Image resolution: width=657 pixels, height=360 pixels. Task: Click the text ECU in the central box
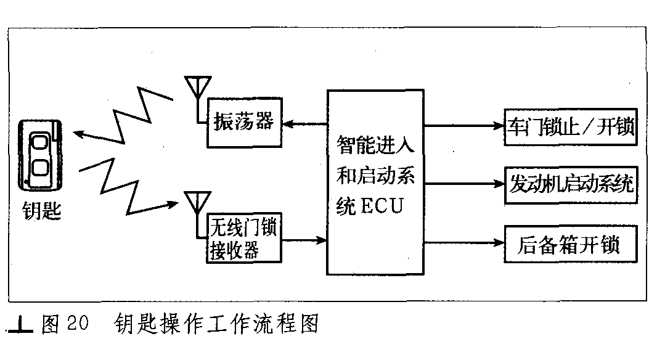[x=382, y=206]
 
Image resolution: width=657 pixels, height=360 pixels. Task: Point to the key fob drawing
[x=40, y=155]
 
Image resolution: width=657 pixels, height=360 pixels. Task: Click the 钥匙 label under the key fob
[x=41, y=210]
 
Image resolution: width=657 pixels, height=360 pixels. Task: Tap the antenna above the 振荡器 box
[x=198, y=99]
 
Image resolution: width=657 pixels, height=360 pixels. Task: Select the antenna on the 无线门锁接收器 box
[x=197, y=215]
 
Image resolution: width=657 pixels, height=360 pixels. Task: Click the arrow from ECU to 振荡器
[x=304, y=124]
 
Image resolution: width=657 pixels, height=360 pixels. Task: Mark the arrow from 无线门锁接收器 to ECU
[x=304, y=240]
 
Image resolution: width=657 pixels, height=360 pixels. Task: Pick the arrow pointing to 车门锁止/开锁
[x=464, y=125]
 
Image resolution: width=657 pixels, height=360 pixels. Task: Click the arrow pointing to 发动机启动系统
[x=464, y=183]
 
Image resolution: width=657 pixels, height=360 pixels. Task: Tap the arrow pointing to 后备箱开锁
[x=464, y=242]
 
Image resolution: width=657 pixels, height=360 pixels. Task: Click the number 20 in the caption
[x=78, y=323]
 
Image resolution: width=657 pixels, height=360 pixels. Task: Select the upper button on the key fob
[x=40, y=142]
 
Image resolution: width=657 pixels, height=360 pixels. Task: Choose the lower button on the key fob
[x=40, y=167]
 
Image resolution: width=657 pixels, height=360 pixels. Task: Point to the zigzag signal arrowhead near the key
[x=80, y=134]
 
